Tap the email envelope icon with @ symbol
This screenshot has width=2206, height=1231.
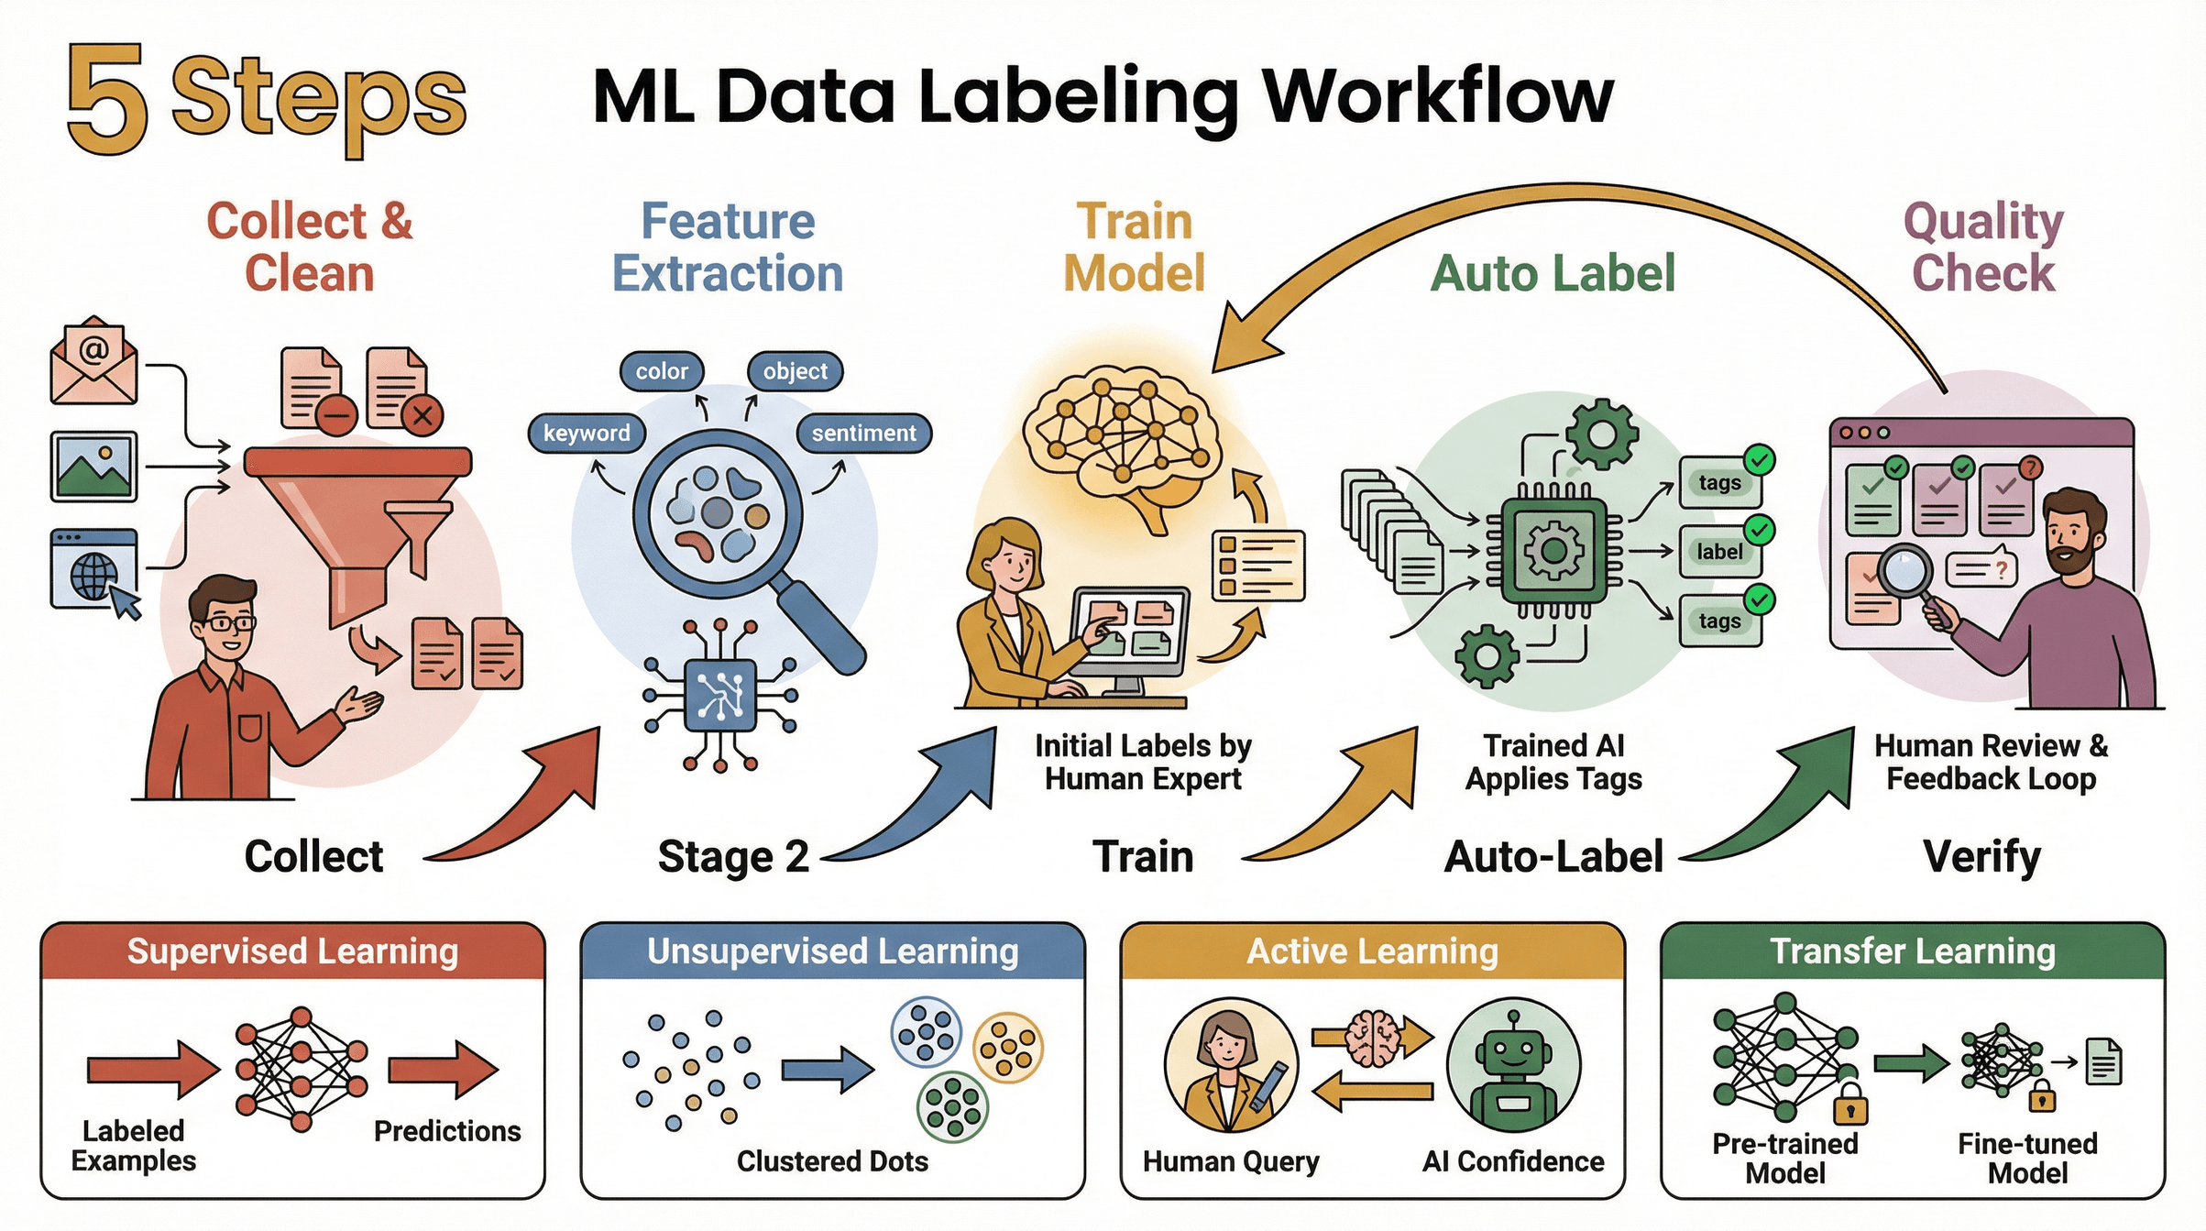point(93,362)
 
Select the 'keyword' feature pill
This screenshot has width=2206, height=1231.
point(587,433)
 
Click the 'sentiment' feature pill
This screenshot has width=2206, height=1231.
point(863,433)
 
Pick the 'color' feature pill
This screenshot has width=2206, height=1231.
point(662,371)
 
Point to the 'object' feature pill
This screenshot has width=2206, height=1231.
point(795,371)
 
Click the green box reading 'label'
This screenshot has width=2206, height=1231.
point(1718,552)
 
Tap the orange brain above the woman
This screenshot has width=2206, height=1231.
point(1123,445)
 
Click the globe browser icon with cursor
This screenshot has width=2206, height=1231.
point(93,570)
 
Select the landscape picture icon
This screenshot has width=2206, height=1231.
point(93,467)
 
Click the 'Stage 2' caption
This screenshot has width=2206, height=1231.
point(733,857)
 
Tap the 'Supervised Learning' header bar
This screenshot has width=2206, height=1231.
point(292,951)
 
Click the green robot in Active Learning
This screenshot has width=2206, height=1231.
point(1513,1066)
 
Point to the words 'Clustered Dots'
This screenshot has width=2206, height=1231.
point(832,1161)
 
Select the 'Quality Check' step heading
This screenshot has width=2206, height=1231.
point(1983,247)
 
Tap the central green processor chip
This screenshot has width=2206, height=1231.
point(1553,551)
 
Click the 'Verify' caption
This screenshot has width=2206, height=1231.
point(1981,857)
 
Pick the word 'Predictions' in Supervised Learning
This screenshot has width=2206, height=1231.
point(447,1131)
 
